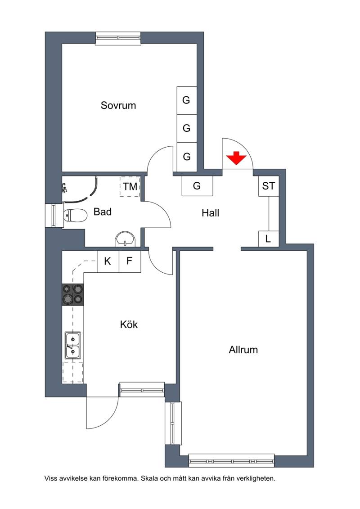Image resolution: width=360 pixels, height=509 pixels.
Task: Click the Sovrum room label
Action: click(x=118, y=105)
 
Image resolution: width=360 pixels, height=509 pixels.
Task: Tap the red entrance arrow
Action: click(x=236, y=158)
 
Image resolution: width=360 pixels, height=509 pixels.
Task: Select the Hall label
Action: click(x=210, y=213)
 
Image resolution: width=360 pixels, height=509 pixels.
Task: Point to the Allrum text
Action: click(x=243, y=350)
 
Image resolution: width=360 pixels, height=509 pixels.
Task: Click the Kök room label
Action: click(x=129, y=324)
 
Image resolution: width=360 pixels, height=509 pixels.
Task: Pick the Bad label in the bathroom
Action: click(x=103, y=212)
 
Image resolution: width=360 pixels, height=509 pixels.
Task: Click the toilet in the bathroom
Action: click(x=75, y=215)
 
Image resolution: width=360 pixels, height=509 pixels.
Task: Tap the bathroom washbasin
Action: click(x=125, y=238)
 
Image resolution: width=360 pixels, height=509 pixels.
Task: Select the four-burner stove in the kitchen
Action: click(x=73, y=294)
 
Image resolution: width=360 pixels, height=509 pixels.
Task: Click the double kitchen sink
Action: click(x=73, y=345)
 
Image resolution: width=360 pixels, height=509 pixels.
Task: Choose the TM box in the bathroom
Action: click(x=130, y=187)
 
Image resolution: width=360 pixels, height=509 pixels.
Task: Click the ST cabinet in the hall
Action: click(x=269, y=186)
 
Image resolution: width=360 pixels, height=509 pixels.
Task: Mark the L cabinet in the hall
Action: click(x=269, y=239)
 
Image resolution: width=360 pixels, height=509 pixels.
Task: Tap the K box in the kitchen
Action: click(x=108, y=261)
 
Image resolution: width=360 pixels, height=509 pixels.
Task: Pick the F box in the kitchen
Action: click(x=130, y=261)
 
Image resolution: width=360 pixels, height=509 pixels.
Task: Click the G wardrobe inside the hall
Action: click(x=197, y=186)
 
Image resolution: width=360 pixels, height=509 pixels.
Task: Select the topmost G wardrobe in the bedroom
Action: click(x=187, y=100)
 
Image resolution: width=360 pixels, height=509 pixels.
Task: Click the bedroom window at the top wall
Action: click(x=118, y=38)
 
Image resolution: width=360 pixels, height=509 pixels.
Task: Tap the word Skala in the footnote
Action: click(x=148, y=478)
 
